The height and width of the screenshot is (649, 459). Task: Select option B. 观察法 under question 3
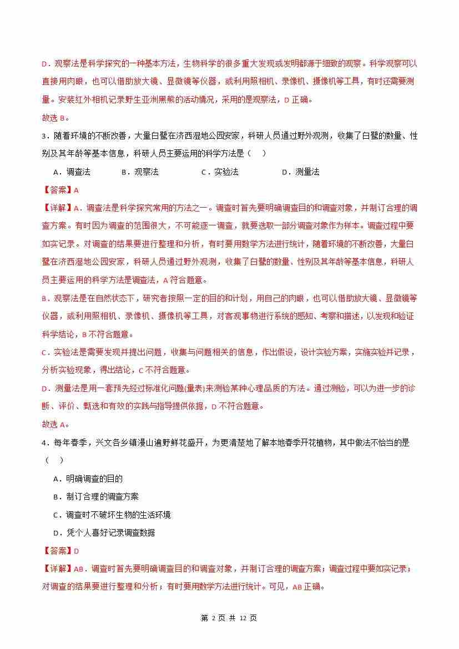[140, 172]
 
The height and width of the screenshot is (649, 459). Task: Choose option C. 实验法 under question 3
[220, 172]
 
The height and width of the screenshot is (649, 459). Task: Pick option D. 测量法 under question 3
[301, 172]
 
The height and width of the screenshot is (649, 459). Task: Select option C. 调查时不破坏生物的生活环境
[112, 515]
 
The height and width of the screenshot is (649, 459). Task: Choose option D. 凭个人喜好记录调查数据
[104, 533]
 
